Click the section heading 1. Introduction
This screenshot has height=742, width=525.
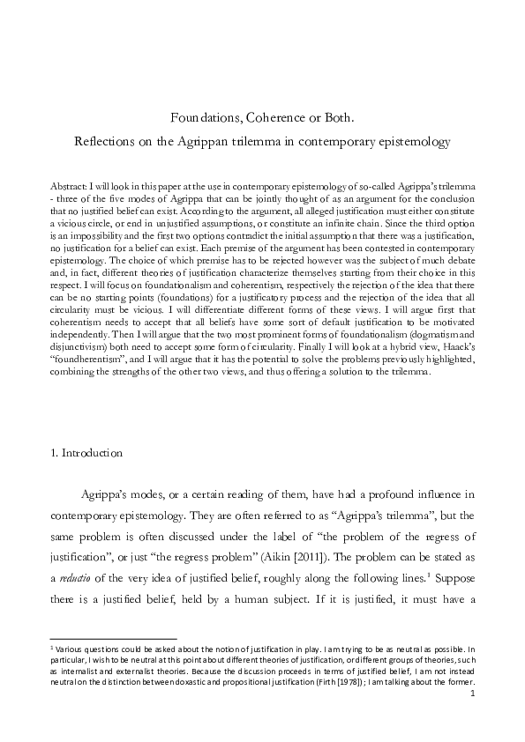click(86, 453)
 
